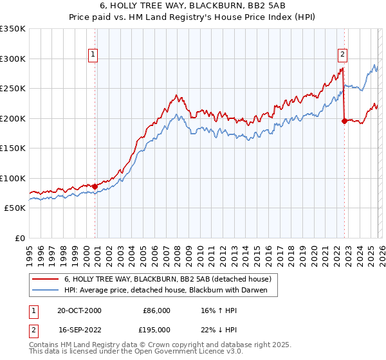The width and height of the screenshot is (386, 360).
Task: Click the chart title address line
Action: pos(193,6)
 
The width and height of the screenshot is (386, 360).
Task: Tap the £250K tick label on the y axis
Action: pos(13,88)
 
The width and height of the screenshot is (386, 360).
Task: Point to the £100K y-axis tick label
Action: pos(13,178)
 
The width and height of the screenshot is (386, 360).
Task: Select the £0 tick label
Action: pos(19,238)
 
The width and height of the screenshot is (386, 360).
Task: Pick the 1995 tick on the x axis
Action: pos(30,251)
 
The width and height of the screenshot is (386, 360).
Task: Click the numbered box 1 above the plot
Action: pos(94,55)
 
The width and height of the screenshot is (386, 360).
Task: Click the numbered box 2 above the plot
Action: pos(343,55)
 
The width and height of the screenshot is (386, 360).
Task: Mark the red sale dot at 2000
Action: pos(95,186)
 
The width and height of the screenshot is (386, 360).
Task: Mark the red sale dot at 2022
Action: pos(344,121)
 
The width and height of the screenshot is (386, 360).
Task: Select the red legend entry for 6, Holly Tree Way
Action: pos(167,279)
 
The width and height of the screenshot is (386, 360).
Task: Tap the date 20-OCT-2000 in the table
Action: pos(80,310)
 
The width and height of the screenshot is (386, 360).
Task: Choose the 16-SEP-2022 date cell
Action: pos(80,329)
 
